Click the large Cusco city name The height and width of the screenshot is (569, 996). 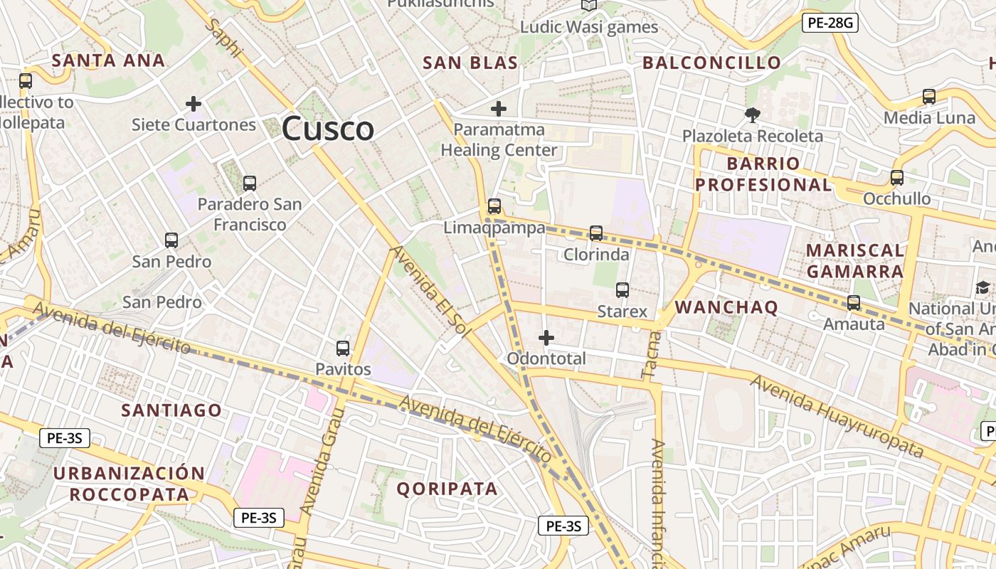328,129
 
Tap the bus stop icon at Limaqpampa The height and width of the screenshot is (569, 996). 494,206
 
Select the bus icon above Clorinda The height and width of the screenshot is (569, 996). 596,233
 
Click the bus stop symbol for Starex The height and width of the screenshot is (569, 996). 622,289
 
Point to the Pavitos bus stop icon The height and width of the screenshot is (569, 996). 343,348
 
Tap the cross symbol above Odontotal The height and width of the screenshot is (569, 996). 546,337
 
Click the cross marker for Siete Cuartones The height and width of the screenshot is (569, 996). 194,104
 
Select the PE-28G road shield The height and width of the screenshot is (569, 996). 830,23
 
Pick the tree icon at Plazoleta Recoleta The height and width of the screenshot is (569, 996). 752,115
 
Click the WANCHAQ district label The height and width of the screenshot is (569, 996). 726,307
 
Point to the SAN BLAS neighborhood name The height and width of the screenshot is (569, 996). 470,63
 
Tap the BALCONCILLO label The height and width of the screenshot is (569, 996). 712,63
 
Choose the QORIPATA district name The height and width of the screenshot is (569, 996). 447,489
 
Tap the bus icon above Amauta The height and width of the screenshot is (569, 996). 854,303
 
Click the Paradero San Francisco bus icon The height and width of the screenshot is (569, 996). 249,183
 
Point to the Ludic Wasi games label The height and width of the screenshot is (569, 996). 589,27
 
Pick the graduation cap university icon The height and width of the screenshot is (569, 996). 982,287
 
